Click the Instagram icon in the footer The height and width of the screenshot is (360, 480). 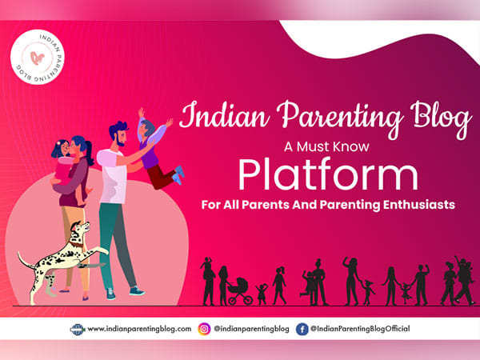point(206,329)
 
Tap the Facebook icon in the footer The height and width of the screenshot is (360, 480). point(302,329)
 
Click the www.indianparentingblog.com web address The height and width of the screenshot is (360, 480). point(138,329)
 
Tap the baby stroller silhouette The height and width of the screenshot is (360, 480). point(237,291)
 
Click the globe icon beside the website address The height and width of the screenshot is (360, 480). point(78,329)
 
